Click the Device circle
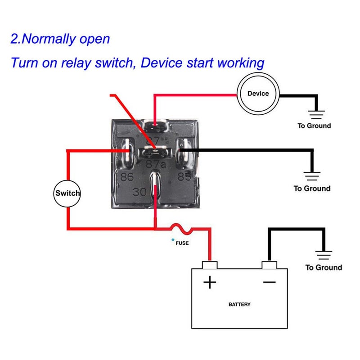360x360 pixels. (x=258, y=94)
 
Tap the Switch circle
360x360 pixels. (x=67, y=193)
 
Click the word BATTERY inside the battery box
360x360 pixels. (x=239, y=305)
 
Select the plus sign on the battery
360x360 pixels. (x=210, y=282)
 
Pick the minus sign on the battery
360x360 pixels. (x=269, y=282)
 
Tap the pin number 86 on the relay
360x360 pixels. (x=127, y=177)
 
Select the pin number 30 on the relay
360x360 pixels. (x=139, y=192)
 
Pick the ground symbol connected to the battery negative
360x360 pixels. (x=324, y=254)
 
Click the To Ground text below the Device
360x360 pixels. (x=314, y=126)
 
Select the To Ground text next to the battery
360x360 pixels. (x=324, y=268)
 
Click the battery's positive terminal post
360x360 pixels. (x=210, y=265)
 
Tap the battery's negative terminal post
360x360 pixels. (x=269, y=265)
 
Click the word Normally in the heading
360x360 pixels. (x=50, y=39)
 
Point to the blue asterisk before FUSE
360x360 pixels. (x=172, y=241)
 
